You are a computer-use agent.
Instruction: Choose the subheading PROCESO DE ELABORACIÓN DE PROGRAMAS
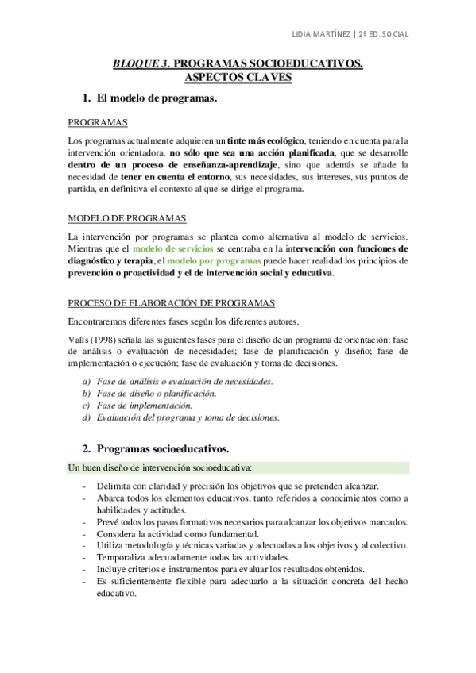[171, 303]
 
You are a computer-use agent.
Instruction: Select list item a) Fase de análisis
[184, 382]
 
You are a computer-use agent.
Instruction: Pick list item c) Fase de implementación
[143, 406]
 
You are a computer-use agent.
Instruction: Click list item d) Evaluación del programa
[188, 417]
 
